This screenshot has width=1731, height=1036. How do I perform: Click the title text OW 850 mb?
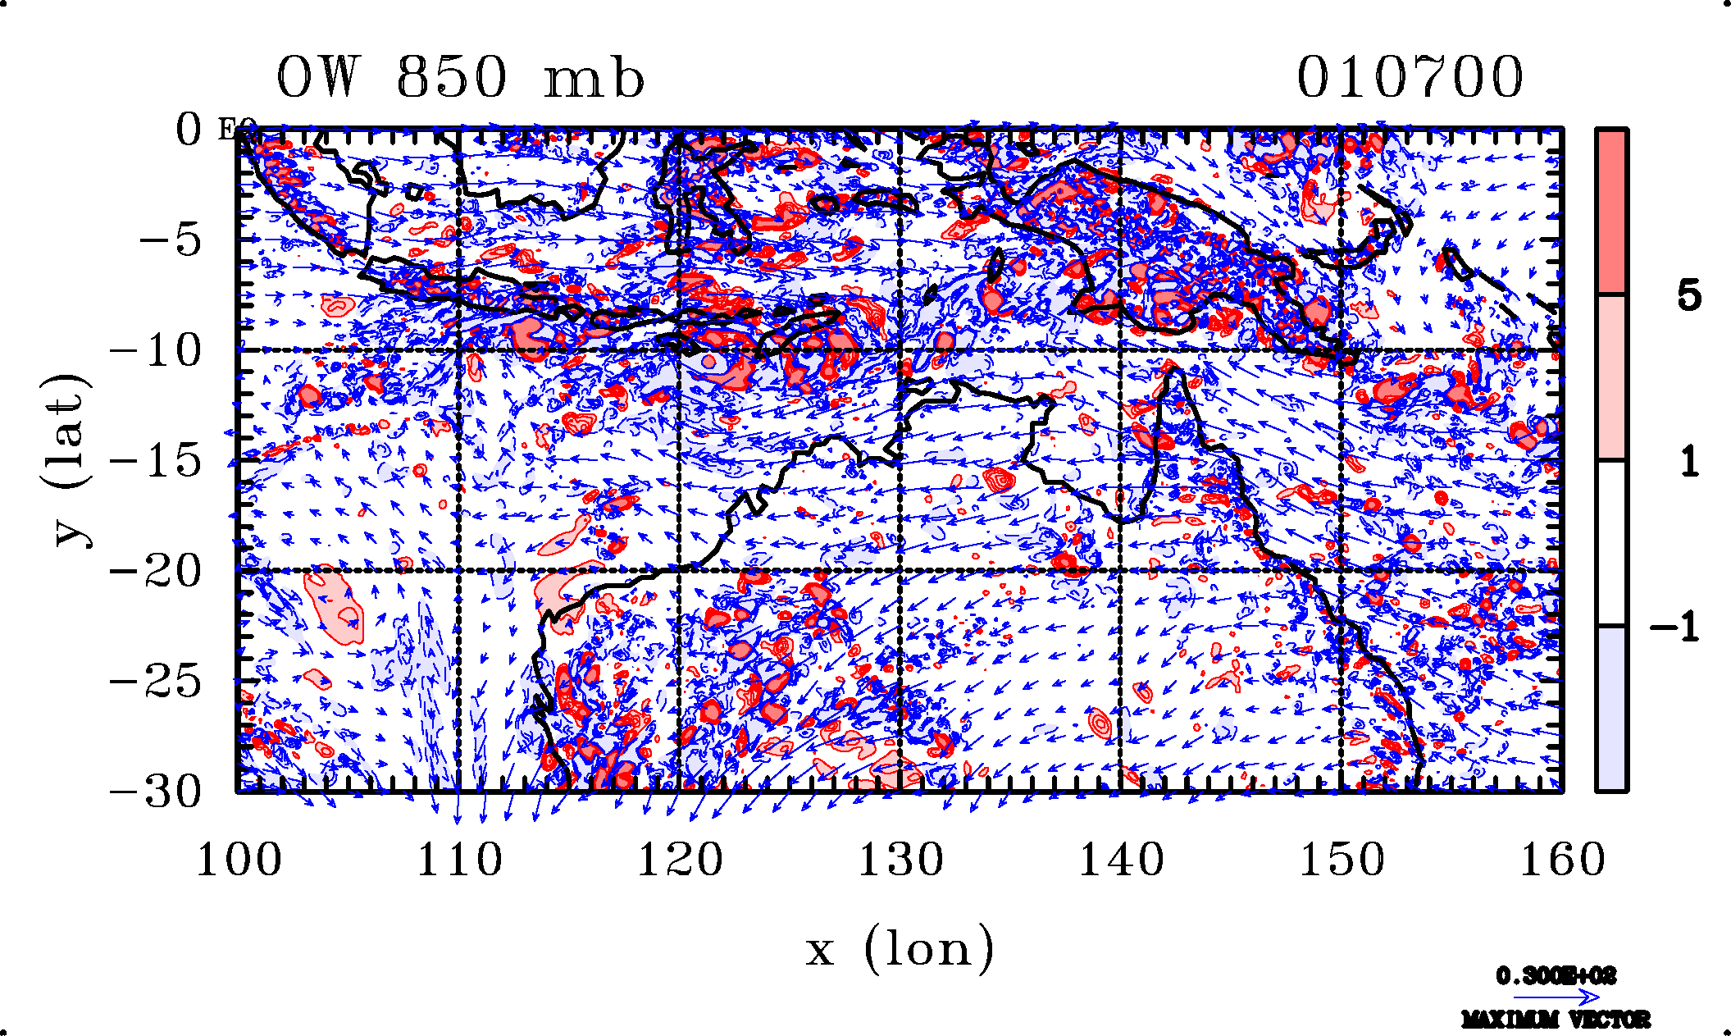[460, 79]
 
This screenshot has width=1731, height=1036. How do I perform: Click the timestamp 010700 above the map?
[1410, 79]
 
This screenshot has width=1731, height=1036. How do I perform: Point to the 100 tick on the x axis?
[239, 860]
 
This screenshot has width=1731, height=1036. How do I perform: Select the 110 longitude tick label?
[459, 860]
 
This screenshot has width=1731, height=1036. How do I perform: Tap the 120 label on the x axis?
[680, 860]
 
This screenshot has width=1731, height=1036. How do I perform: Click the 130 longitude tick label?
[900, 860]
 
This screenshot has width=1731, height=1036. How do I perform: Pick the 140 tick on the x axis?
[1121, 860]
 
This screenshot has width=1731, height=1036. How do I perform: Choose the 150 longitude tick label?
[1342, 860]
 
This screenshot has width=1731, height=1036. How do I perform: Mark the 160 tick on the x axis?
[1562, 860]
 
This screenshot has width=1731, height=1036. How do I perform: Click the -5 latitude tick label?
[170, 241]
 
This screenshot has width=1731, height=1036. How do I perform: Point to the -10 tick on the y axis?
[155, 351]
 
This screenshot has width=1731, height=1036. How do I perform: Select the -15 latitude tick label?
[155, 461]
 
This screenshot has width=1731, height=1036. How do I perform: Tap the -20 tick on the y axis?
[155, 571]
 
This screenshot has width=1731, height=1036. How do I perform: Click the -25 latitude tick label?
[155, 681]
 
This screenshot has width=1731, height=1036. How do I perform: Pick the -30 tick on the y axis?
[155, 792]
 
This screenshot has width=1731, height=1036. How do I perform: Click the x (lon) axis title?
[900, 950]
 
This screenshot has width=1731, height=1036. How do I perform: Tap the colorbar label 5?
[1688, 295]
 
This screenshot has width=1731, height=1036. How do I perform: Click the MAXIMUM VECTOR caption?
[1556, 1020]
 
